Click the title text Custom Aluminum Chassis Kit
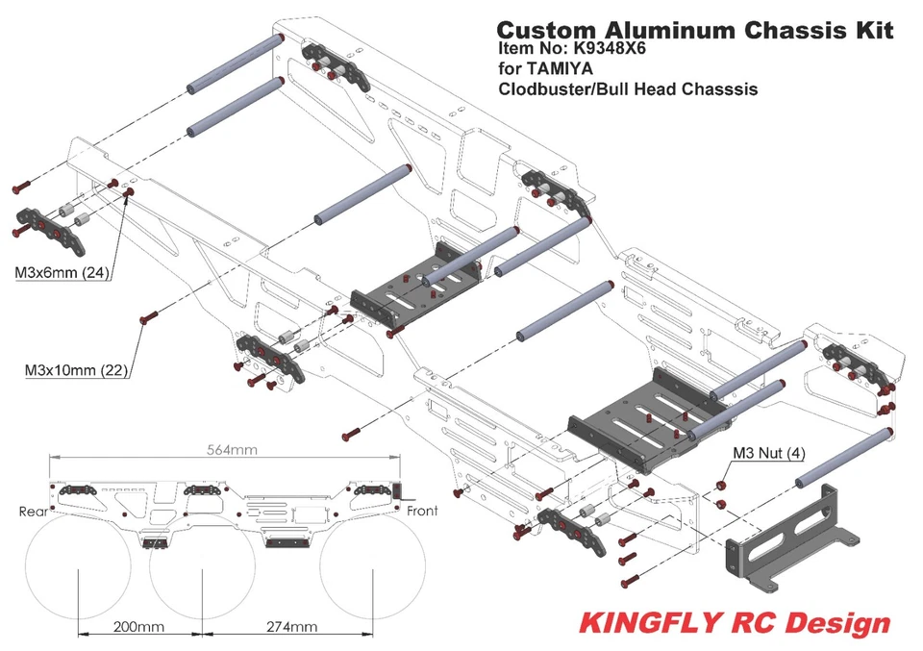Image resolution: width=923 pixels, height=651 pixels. pos(695,30)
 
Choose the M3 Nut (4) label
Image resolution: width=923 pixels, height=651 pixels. pos(768,452)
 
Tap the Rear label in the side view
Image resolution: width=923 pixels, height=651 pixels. pos(33,512)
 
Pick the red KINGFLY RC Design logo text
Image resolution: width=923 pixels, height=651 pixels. pos(735,622)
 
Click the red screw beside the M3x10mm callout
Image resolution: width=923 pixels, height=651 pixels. pos(146,317)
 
